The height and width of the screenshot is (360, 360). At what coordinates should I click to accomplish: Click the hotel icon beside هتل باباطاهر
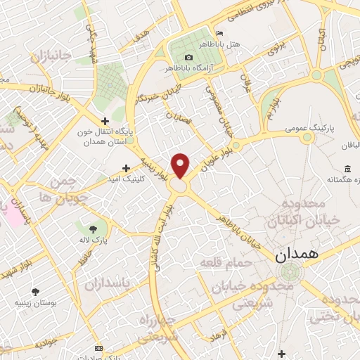click(219, 34)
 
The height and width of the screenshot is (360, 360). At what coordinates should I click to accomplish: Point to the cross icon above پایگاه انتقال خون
click(105, 121)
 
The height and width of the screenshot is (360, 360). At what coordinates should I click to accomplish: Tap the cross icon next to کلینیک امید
click(126, 168)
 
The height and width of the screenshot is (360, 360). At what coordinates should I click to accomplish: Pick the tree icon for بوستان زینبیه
click(34, 291)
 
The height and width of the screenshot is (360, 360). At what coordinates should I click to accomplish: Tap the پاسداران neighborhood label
click(109, 285)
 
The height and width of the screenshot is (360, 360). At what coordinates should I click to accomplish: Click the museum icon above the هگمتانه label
click(347, 168)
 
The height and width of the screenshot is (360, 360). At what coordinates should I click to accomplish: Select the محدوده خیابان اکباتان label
click(302, 211)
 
